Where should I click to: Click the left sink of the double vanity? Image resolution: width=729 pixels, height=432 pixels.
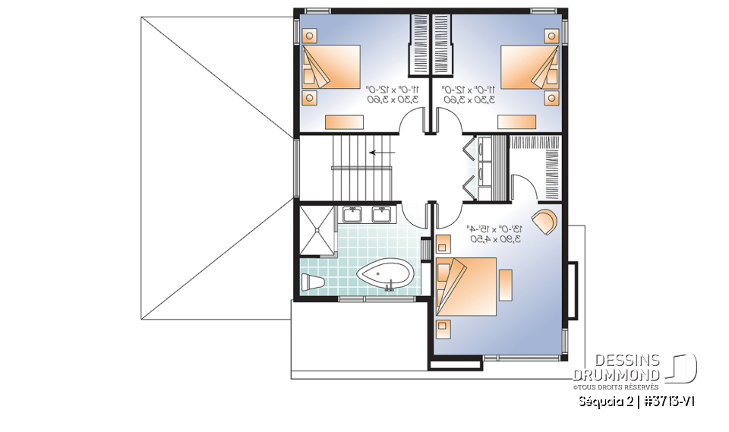coord(354,214)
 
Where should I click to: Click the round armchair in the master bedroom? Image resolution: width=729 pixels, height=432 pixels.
coord(546,222)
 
